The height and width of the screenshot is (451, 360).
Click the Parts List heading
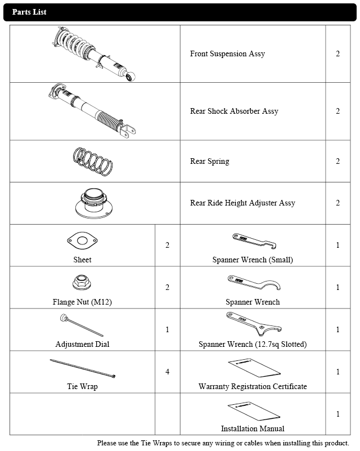29,12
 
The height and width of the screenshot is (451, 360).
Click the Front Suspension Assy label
227,54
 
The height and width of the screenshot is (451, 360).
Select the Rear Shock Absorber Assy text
234,111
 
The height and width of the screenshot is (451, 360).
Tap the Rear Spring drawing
95,161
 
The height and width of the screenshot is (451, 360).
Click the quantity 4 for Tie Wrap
167,372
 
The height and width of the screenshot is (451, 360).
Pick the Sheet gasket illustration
82,241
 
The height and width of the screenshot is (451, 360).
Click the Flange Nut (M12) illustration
82,283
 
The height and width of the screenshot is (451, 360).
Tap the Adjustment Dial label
82,344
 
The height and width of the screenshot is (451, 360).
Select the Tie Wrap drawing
83,368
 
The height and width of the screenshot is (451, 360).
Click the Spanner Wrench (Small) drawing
253,241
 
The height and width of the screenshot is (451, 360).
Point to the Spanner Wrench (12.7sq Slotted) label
253,344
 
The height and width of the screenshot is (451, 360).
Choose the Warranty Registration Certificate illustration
254,369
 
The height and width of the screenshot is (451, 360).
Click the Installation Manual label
253,428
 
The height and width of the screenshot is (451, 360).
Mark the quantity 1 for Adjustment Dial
167,329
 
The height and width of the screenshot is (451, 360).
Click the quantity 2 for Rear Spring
337,162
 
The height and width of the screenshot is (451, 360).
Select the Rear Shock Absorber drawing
93,111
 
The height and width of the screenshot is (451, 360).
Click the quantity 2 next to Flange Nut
167,288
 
